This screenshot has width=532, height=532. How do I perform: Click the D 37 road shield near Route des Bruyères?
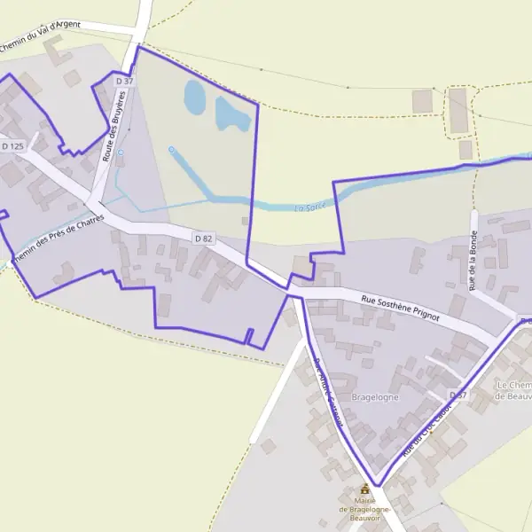[x=124, y=81]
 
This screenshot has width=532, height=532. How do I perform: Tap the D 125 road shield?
[x=12, y=145]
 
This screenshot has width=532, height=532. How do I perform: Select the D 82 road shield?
[x=204, y=238]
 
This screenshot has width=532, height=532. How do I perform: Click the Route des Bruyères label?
[x=112, y=130]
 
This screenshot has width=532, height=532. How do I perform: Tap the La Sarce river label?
[x=309, y=207]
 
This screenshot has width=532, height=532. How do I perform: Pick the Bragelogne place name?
[x=376, y=397]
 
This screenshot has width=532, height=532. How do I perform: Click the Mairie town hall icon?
[x=364, y=489]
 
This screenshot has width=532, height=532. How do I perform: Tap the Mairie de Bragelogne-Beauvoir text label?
[x=364, y=512]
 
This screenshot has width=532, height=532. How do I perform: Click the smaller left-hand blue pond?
[x=193, y=97]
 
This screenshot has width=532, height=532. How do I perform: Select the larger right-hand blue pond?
[x=231, y=113]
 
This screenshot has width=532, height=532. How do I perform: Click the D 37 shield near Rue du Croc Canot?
[x=458, y=395]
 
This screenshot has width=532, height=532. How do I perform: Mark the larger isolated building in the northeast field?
[x=458, y=111]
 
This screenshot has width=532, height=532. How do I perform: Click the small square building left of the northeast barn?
[x=422, y=102]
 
